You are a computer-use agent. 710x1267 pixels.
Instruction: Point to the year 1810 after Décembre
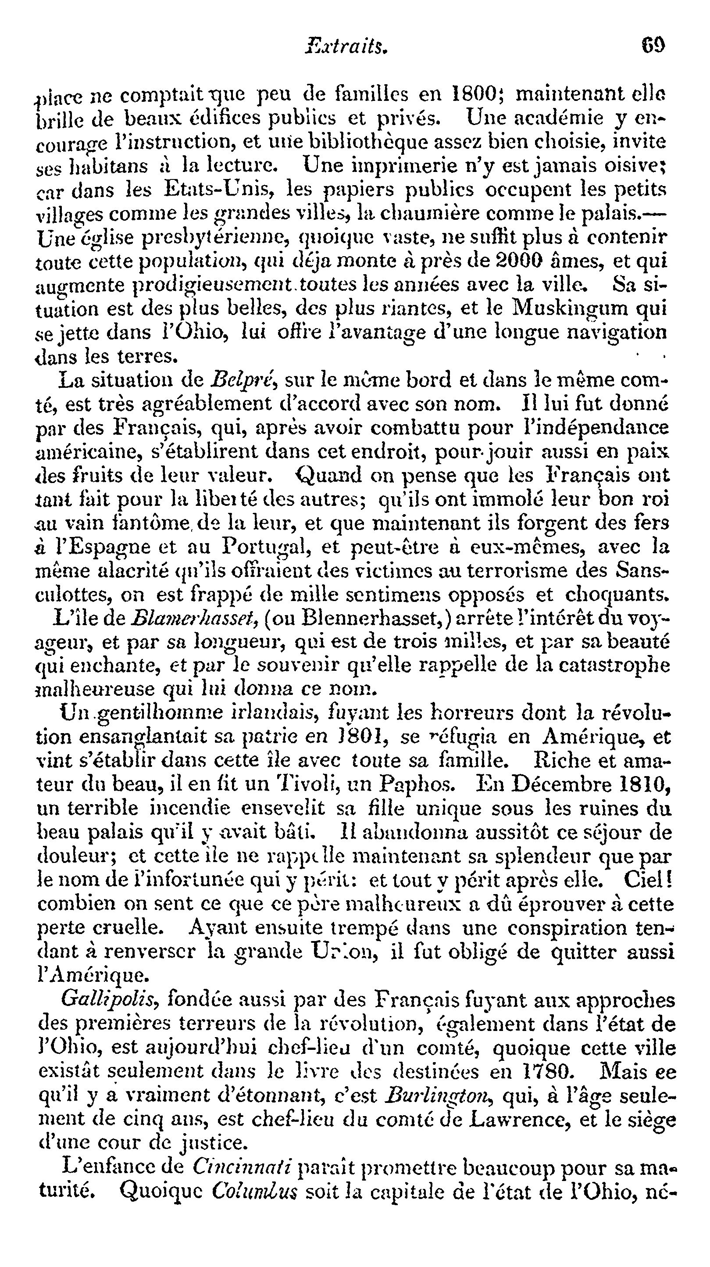click(x=644, y=784)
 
